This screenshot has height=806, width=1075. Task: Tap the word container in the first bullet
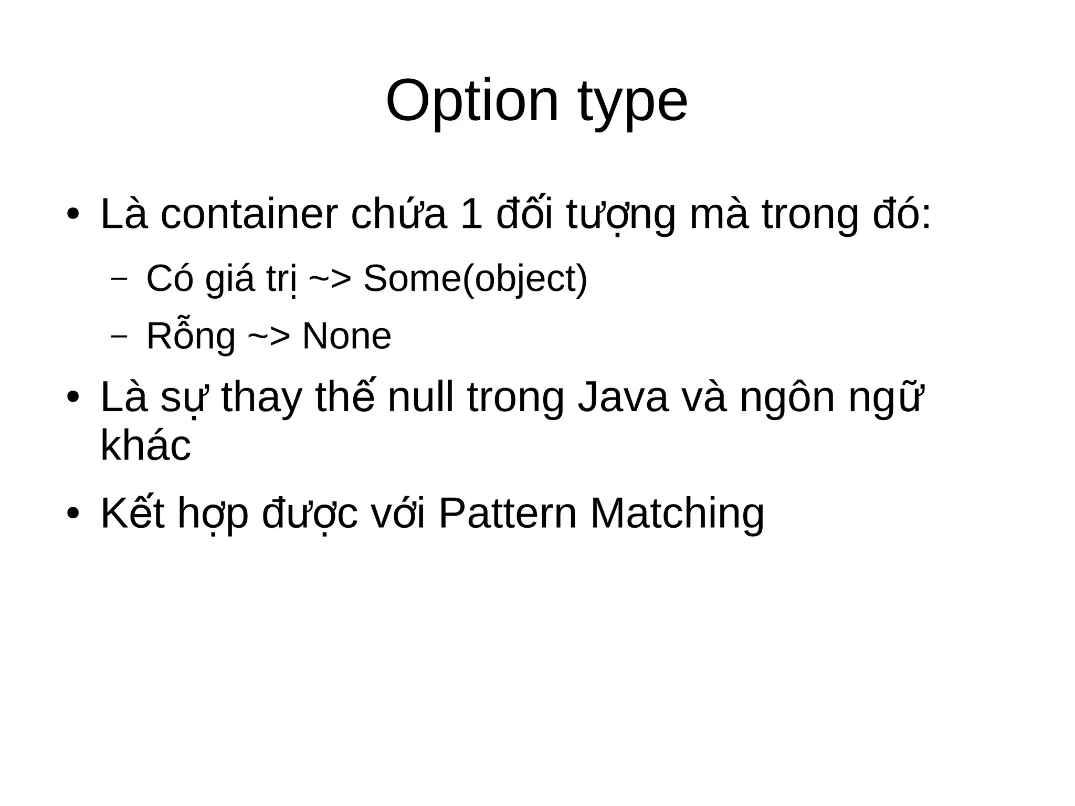click(249, 214)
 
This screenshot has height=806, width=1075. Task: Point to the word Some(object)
click(475, 279)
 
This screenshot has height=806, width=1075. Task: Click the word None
click(346, 336)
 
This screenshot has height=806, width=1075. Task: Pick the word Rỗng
click(191, 336)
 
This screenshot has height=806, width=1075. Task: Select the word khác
click(145, 445)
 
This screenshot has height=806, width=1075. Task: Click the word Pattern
click(507, 513)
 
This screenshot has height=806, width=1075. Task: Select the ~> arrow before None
click(268, 336)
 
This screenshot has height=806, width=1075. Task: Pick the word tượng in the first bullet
click(620, 214)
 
